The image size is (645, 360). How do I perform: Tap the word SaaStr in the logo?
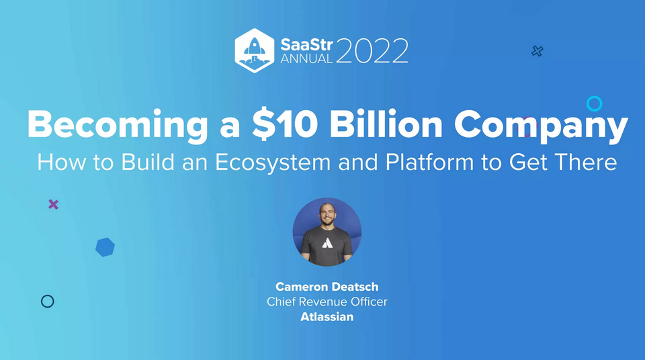tap(306, 43)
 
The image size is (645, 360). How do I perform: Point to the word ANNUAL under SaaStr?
tap(306, 58)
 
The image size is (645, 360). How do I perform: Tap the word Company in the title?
tap(541, 125)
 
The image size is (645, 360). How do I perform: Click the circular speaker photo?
tap(327, 232)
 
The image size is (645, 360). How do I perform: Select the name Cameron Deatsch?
tap(327, 287)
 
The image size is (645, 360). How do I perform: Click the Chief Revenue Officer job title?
tap(327, 302)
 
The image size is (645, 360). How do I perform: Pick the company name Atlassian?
tap(327, 316)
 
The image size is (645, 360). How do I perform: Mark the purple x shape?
tap(53, 204)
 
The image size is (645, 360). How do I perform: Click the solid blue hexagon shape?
tap(105, 247)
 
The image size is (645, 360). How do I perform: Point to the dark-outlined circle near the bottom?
tap(47, 302)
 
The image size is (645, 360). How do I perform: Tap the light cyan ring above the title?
tap(594, 103)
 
